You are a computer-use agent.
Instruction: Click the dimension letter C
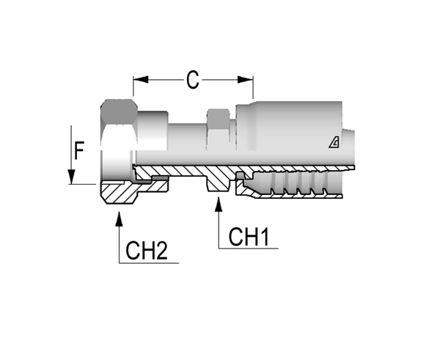(x=193, y=80)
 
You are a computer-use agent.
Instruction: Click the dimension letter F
(x=79, y=150)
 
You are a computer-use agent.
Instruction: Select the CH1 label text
(x=249, y=237)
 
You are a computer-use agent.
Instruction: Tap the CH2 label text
(x=147, y=251)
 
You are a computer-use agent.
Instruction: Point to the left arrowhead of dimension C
(x=141, y=80)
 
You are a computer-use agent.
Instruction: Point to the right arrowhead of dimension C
(x=246, y=80)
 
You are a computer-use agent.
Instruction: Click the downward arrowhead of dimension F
(x=71, y=177)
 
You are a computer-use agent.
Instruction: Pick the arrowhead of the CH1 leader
(x=219, y=205)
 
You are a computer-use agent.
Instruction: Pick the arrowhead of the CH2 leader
(x=120, y=219)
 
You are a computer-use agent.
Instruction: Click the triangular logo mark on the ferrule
(x=334, y=143)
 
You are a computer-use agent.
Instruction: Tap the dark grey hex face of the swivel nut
(x=119, y=112)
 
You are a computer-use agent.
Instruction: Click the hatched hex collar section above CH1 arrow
(x=218, y=182)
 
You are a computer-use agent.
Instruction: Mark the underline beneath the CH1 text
(x=249, y=249)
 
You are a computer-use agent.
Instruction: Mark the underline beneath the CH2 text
(x=149, y=263)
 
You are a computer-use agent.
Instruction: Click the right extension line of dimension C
(x=253, y=87)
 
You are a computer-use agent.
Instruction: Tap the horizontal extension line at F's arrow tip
(x=82, y=184)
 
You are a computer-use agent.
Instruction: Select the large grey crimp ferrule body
(x=289, y=132)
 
